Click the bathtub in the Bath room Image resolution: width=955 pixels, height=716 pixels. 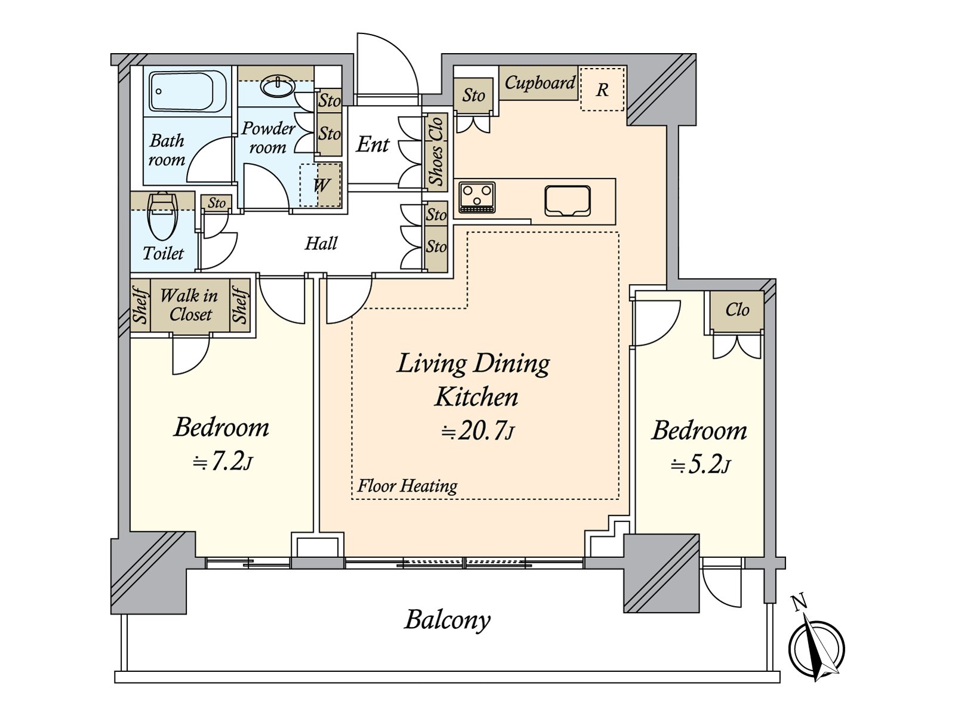click(x=187, y=92)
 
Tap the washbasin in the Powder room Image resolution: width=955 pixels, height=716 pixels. click(x=277, y=86)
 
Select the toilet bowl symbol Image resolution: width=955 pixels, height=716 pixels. click(x=163, y=216)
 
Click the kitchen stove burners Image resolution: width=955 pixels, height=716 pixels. click(x=478, y=197)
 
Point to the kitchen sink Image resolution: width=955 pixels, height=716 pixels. click(x=568, y=201)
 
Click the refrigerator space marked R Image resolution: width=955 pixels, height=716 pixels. click(x=602, y=89)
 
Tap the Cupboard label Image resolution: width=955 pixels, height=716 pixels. click(x=540, y=82)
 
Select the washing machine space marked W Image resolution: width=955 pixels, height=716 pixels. click(x=321, y=185)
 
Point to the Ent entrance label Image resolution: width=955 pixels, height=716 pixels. click(x=372, y=144)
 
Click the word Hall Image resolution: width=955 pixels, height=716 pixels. click(x=321, y=243)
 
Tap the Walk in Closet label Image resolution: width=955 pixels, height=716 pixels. click(x=190, y=305)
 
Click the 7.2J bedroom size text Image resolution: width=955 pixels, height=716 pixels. click(x=222, y=462)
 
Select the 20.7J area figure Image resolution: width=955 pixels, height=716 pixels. click(x=478, y=432)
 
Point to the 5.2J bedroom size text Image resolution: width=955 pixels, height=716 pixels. click(x=699, y=466)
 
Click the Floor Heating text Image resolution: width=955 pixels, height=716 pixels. click(x=407, y=486)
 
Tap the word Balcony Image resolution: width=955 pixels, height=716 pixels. click(x=447, y=621)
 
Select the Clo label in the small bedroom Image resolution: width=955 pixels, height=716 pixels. click(x=738, y=310)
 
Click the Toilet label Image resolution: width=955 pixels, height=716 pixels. click(x=163, y=254)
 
